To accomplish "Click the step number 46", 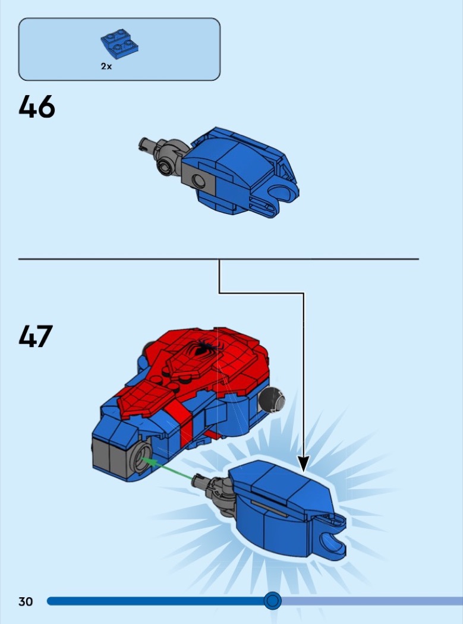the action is (x=37, y=106).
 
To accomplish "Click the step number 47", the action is (x=36, y=336).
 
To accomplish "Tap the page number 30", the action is (x=26, y=601).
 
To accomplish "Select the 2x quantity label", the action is (x=106, y=67).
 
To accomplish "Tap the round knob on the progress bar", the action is (x=273, y=600).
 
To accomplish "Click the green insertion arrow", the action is (x=167, y=468).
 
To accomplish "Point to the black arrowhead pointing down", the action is (x=304, y=464).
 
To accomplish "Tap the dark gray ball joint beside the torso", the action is (x=272, y=399).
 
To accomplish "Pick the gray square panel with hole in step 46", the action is (x=199, y=179).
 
